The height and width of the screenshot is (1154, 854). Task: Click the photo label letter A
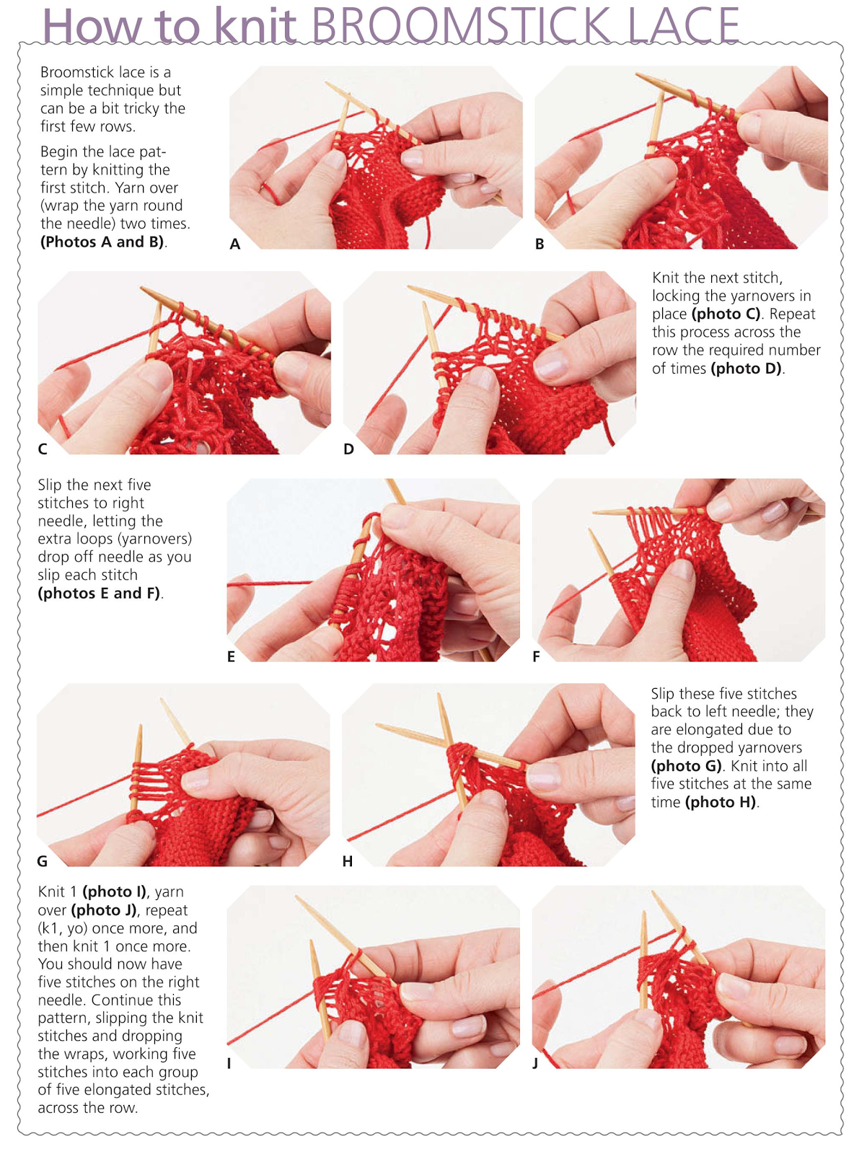pyautogui.click(x=235, y=245)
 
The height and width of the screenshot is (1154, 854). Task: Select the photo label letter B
pyautogui.click(x=540, y=245)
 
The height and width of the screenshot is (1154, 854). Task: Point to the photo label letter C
pyautogui.click(x=43, y=449)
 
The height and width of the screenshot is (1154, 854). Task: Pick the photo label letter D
pyautogui.click(x=348, y=449)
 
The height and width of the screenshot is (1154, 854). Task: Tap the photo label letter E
pyautogui.click(x=231, y=656)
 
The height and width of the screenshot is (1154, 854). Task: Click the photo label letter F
pyautogui.click(x=536, y=656)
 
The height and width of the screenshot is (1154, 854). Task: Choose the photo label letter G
pyautogui.click(x=43, y=861)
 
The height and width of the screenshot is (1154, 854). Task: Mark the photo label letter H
pyautogui.click(x=348, y=861)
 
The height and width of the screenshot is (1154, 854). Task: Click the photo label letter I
pyautogui.click(x=229, y=1063)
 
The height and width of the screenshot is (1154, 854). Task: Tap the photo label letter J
pyautogui.click(x=535, y=1063)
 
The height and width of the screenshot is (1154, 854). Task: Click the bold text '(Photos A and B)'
pyautogui.click(x=102, y=242)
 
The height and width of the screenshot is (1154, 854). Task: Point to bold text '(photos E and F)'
pyautogui.click(x=99, y=594)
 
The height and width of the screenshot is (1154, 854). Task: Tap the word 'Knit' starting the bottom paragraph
pyautogui.click(x=51, y=892)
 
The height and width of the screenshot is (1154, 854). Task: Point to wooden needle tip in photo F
pyautogui.click(x=593, y=534)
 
